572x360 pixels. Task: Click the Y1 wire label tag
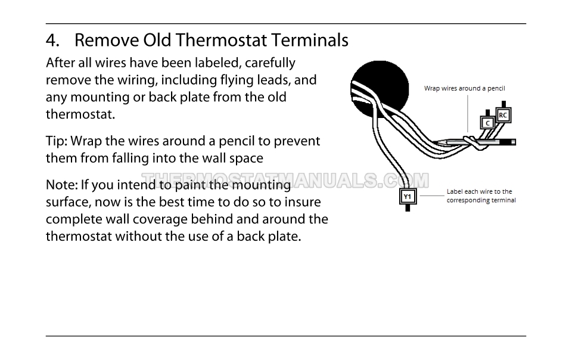point(408,197)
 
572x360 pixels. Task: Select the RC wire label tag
point(503,115)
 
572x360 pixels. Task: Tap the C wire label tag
point(487,123)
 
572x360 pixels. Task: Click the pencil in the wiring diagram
point(474,142)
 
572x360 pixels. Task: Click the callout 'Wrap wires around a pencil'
point(464,88)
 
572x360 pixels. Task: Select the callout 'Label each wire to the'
point(479,191)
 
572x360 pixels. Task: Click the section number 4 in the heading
point(52,40)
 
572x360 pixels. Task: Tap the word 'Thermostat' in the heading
point(221,40)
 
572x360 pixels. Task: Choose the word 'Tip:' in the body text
point(56,141)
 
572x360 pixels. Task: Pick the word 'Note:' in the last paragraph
point(61,185)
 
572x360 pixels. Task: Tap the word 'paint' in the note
point(191,185)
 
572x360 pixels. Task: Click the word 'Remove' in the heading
point(107,40)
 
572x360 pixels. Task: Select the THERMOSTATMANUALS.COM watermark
point(285,180)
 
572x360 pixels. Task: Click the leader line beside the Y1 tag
point(432,195)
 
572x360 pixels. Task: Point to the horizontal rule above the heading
point(285,24)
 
